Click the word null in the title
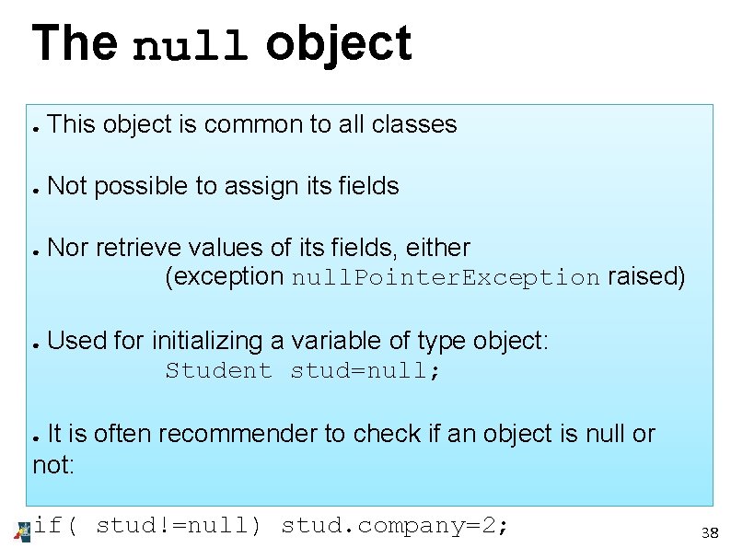pyautogui.click(x=191, y=46)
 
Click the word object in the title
pyautogui.click(x=338, y=44)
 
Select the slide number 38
pyautogui.click(x=709, y=533)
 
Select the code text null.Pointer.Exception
pyautogui.click(x=446, y=278)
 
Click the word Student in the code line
pyautogui.click(x=218, y=371)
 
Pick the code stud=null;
pyautogui.click(x=365, y=371)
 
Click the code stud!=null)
pyautogui.click(x=179, y=526)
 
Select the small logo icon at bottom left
pyautogui.click(x=23, y=530)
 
